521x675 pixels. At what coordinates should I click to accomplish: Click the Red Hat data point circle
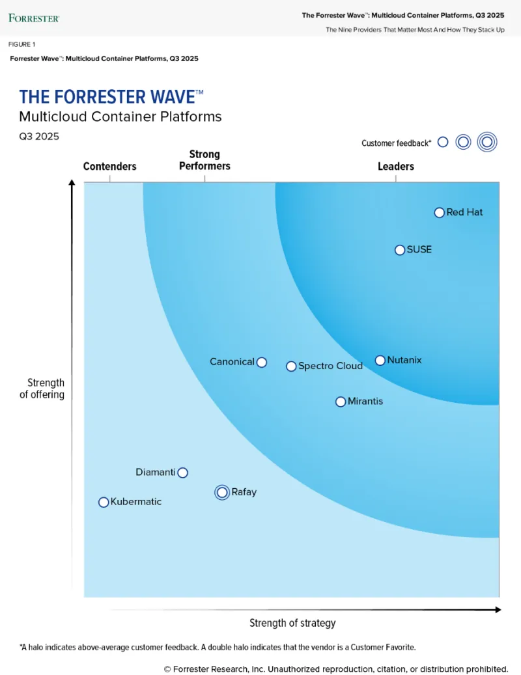439,212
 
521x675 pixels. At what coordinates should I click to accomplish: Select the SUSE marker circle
400,250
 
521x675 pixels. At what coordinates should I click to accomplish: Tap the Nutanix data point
380,360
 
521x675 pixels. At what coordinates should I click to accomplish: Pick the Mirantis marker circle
340,402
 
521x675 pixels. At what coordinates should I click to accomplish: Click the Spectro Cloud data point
291,366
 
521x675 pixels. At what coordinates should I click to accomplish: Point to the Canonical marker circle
261,362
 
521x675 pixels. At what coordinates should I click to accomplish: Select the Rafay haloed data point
222,493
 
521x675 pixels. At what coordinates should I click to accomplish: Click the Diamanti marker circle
183,473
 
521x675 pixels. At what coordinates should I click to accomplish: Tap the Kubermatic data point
103,502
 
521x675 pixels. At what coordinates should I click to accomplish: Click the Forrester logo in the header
34,18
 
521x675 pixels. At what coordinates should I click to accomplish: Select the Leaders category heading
395,167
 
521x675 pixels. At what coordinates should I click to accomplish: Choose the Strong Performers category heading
204,160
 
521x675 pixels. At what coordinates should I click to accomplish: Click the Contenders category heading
109,167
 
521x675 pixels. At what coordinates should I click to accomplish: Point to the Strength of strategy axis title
292,623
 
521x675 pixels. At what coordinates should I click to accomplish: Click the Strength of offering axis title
46,389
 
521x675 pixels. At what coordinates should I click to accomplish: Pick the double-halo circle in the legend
486,142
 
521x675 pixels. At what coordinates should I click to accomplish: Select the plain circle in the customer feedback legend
443,142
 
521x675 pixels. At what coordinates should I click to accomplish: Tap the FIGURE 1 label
22,44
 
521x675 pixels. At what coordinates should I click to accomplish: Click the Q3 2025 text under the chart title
39,137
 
